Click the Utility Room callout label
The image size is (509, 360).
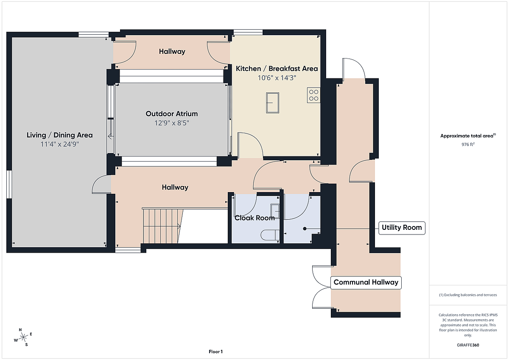pos(402,228)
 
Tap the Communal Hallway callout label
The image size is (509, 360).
pos(366,282)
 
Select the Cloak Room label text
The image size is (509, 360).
pos(255,218)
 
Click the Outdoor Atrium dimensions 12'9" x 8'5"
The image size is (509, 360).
pos(172,123)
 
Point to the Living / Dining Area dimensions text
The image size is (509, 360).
pos(59,144)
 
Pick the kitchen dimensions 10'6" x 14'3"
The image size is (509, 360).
pos(277,78)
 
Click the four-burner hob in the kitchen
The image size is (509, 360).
pos(313,95)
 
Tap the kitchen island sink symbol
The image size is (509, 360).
pos(272,103)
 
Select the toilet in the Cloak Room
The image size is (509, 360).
pos(270,235)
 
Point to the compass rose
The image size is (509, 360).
pos(23,337)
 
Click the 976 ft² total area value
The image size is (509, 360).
pos(468,144)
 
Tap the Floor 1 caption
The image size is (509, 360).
pos(215,352)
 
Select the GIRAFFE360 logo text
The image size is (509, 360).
pos(468,345)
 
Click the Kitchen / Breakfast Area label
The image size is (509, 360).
pos(277,69)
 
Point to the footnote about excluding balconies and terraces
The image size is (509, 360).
pos(468,295)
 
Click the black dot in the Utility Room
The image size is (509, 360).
pos(305,229)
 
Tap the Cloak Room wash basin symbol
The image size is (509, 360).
pos(275,211)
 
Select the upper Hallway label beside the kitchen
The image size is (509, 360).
pos(172,52)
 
